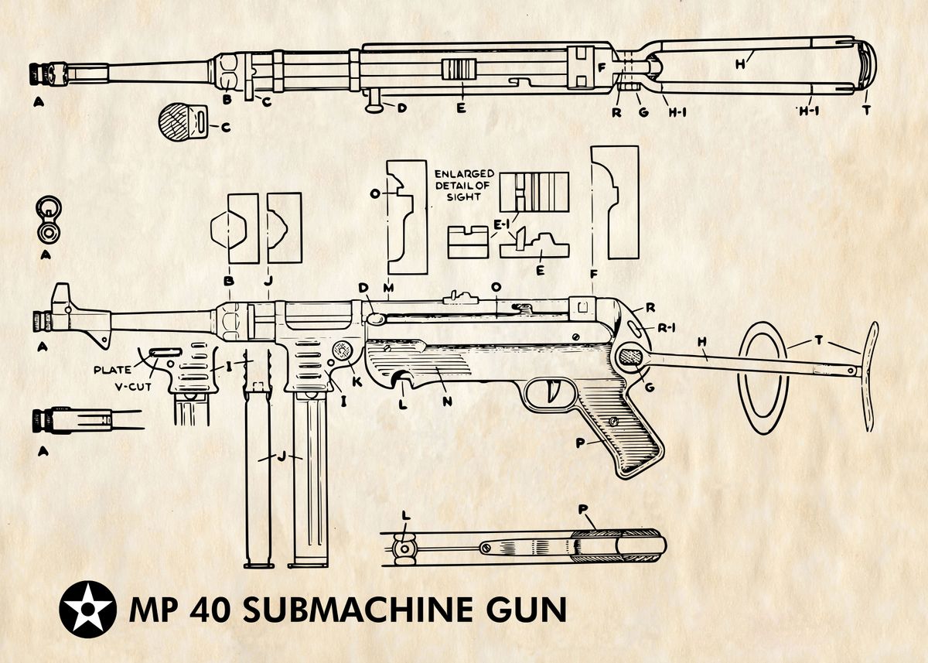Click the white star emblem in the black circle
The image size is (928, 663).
tap(87, 609)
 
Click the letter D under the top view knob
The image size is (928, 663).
tap(402, 108)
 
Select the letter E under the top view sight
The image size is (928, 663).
tap(460, 108)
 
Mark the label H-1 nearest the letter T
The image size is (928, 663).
tap(809, 111)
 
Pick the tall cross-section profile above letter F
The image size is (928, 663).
tap(614, 202)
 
